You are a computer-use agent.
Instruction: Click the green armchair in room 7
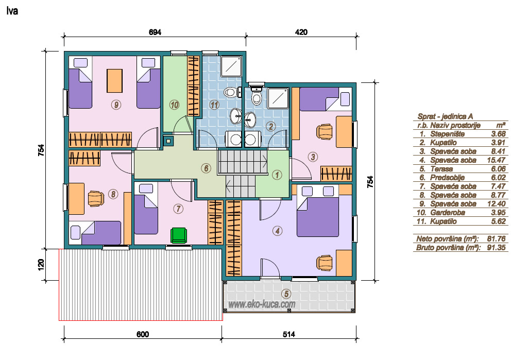tap(178, 235)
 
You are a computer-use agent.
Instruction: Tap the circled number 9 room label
tap(116, 105)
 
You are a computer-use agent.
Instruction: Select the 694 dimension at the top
tap(155, 32)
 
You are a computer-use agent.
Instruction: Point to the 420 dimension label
tap(301, 32)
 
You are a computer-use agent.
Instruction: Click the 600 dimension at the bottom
tap(143, 334)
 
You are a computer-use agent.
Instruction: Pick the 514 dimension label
tap(288, 334)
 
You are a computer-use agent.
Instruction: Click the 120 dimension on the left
tap(41, 264)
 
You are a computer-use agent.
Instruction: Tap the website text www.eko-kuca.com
tap(262, 304)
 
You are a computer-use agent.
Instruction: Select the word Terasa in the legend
tap(441, 169)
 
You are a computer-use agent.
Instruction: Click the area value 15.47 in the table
tap(497, 160)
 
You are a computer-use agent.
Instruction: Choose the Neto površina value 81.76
tap(497, 239)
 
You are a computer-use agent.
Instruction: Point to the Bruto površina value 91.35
tap(497, 248)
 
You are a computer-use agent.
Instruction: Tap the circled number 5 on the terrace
tap(286, 294)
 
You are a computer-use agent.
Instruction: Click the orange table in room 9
tap(114, 80)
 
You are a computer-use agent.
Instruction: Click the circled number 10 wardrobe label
tap(175, 105)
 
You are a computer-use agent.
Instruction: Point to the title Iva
tap(12, 11)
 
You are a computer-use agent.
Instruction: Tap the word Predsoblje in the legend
tap(448, 178)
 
